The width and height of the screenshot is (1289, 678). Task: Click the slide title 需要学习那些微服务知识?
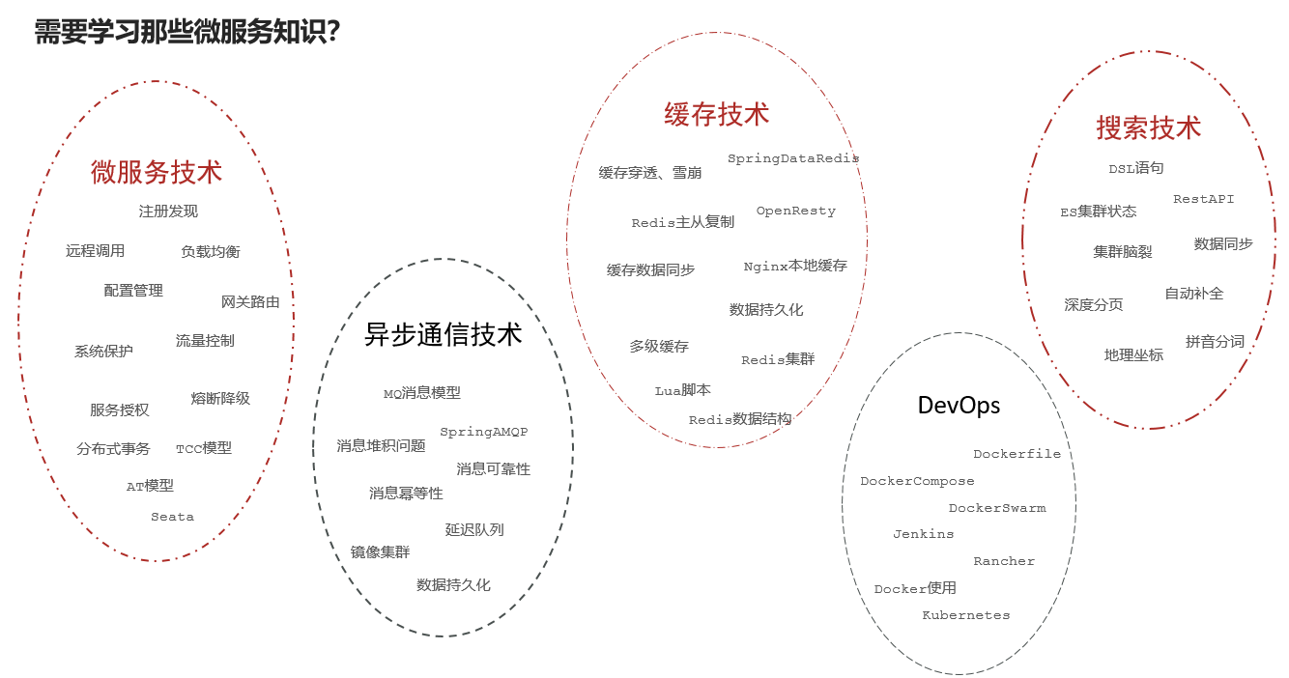coord(186,32)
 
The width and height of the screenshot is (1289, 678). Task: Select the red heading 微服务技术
coord(157,172)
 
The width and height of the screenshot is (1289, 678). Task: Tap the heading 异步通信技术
coord(443,334)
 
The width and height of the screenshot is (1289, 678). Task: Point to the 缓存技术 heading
coord(717,114)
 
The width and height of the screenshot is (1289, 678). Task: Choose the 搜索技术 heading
coord(1149,127)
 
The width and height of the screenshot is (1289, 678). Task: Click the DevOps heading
coord(959,406)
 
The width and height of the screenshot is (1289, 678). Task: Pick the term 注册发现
coord(168,211)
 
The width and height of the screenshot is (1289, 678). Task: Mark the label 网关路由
coord(250,302)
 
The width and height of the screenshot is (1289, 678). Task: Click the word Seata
coord(172,517)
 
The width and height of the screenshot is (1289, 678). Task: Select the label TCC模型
coord(204,448)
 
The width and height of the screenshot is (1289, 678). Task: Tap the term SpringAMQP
coord(484,432)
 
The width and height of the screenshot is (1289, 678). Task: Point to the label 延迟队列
coord(474,529)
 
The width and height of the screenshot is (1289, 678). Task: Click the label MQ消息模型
coord(422,393)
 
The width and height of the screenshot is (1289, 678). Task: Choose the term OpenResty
coord(796,211)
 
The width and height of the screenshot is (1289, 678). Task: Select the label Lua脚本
coord(683,390)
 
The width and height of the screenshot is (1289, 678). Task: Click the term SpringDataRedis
coord(793,158)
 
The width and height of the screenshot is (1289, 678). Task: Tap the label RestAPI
coord(1204,199)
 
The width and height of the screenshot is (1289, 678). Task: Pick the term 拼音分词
coord(1215,342)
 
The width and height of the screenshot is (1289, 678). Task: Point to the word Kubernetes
coord(966,615)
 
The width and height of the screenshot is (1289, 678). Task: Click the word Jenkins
coord(924,534)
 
